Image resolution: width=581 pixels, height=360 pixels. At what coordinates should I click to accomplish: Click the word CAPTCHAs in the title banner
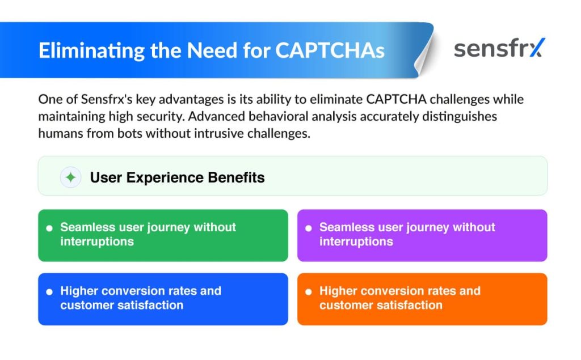[330, 50]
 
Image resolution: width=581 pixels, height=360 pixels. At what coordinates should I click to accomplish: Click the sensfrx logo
[499, 48]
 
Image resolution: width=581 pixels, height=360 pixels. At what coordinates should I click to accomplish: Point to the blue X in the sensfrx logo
[537, 48]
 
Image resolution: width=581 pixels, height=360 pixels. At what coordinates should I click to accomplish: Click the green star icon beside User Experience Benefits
[70, 177]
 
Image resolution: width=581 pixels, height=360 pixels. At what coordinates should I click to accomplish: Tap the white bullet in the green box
[49, 228]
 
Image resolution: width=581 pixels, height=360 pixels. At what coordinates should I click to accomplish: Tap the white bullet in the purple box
[308, 228]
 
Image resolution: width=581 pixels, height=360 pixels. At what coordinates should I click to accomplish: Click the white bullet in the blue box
[49, 292]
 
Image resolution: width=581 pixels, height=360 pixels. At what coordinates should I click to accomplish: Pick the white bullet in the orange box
[308, 292]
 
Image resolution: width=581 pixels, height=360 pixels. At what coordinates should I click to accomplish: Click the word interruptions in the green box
[97, 242]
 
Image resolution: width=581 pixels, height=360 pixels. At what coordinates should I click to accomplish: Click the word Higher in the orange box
[338, 291]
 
